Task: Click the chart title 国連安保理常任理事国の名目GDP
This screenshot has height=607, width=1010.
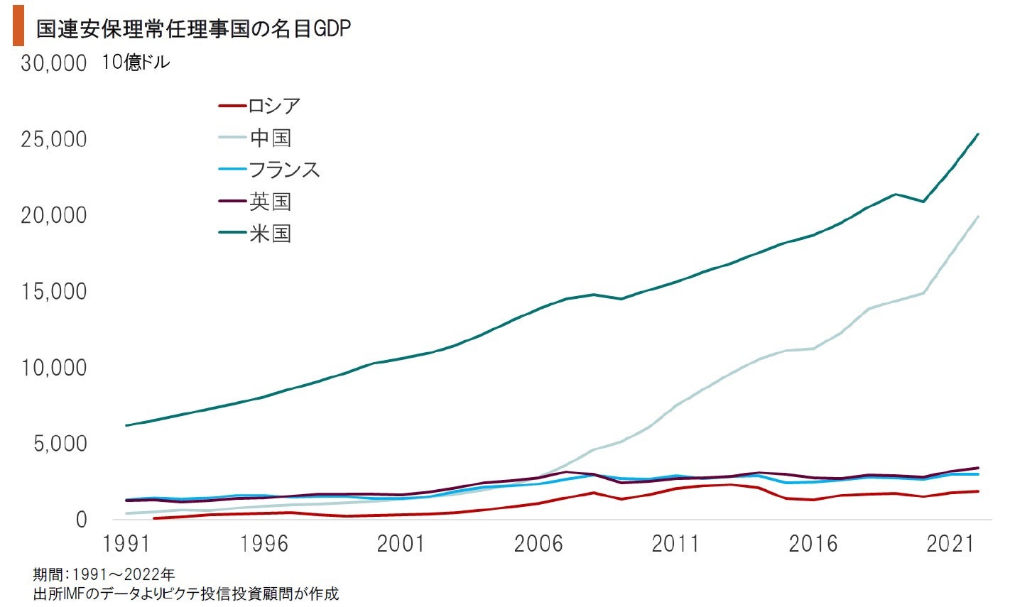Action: [x=193, y=28]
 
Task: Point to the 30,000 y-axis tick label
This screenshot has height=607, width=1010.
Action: [x=54, y=63]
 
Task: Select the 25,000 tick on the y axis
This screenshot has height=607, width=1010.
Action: [x=54, y=139]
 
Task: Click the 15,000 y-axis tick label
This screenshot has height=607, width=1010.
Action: [x=54, y=292]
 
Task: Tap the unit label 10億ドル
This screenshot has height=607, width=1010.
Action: [x=136, y=62]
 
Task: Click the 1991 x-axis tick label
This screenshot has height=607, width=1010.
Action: [x=126, y=545]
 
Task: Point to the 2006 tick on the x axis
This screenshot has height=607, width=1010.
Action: [x=538, y=545]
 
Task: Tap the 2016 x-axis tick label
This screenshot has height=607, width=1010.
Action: [x=813, y=545]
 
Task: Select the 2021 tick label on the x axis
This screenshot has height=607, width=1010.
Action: [x=950, y=545]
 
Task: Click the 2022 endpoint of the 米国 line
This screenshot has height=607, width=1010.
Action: [x=978, y=134]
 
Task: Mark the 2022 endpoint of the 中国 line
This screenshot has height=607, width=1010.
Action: [x=978, y=217]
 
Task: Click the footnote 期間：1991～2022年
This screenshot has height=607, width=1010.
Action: [x=104, y=574]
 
